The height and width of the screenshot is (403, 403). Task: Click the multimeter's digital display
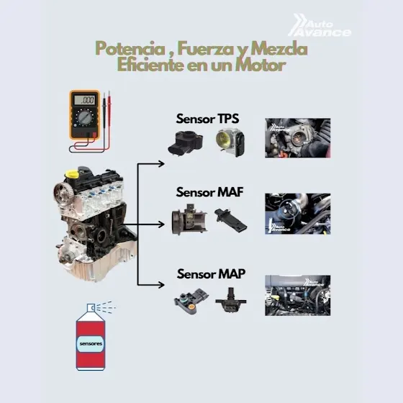(x=85, y=99)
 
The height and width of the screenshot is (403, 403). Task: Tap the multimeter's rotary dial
(x=85, y=117)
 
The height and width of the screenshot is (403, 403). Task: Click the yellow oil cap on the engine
(x=72, y=174)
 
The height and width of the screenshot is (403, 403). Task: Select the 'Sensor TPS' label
(x=207, y=119)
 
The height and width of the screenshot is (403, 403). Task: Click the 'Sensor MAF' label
(x=209, y=192)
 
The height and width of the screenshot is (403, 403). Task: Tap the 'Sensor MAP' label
(x=211, y=273)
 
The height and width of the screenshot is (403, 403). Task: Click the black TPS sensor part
(x=186, y=143)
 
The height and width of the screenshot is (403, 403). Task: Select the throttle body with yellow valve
(x=230, y=142)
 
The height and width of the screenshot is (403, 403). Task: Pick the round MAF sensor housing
(x=189, y=219)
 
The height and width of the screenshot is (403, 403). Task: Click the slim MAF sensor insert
(x=230, y=219)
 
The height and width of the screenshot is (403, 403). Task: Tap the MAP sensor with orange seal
(x=191, y=302)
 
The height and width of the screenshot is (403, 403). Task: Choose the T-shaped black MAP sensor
(x=231, y=300)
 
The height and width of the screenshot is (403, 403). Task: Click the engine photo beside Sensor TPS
(x=298, y=137)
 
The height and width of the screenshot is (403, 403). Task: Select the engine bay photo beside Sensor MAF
(x=298, y=214)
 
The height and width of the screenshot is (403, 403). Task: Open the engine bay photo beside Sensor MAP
(x=298, y=295)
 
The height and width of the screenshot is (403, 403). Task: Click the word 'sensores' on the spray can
(x=91, y=344)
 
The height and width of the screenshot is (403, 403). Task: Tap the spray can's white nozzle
(x=91, y=307)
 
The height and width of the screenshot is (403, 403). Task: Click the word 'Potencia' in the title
(x=130, y=49)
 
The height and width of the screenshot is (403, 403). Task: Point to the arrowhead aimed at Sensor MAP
(x=161, y=285)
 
